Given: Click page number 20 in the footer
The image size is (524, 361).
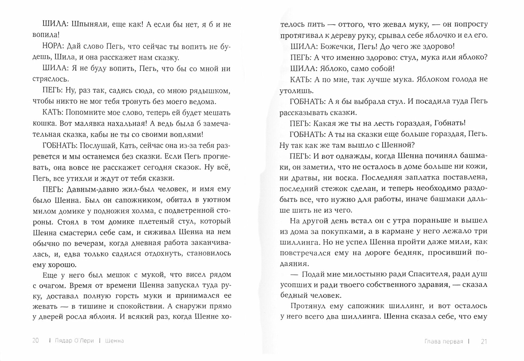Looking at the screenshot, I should [x=36, y=340].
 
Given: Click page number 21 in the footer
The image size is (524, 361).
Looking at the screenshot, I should [x=484, y=341].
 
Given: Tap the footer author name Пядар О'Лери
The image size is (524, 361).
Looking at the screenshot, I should [x=74, y=341].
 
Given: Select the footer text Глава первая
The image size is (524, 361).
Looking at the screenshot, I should [x=443, y=341].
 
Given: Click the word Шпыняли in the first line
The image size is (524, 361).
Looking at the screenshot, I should [x=87, y=24].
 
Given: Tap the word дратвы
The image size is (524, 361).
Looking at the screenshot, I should [x=305, y=178].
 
